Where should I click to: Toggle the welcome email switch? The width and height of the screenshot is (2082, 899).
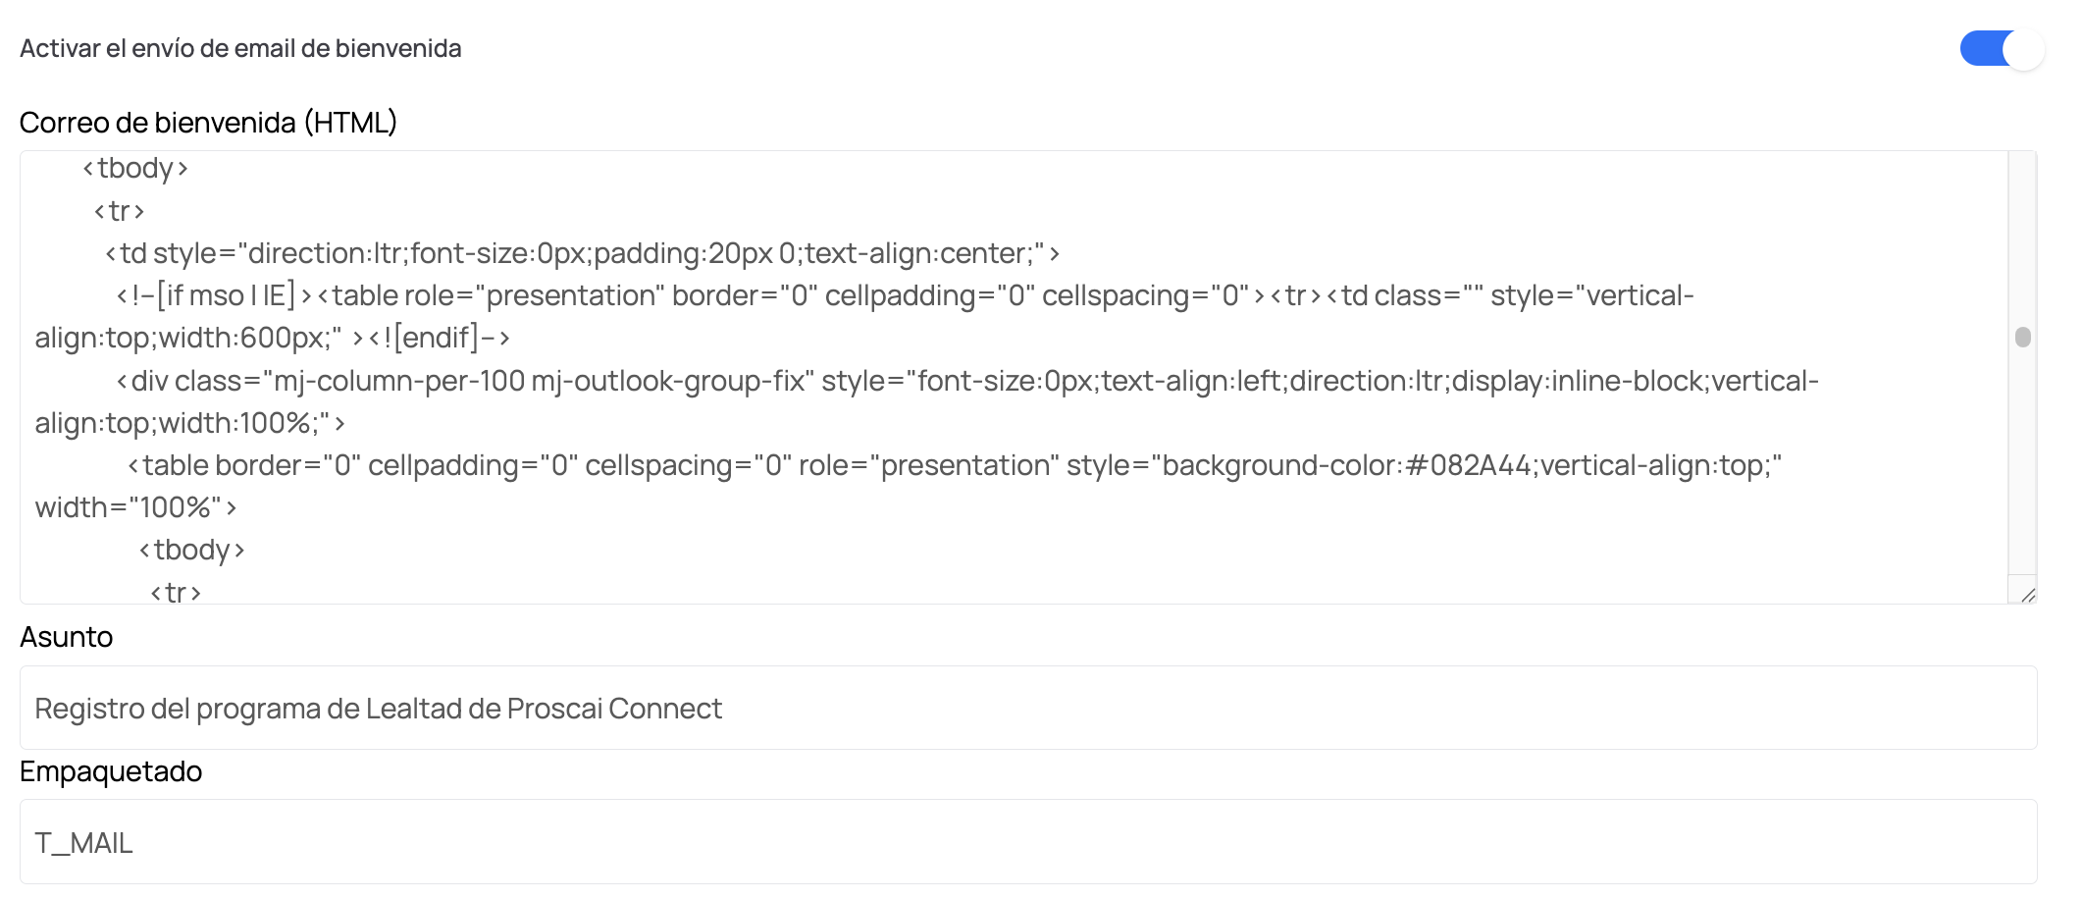[x=2002, y=49]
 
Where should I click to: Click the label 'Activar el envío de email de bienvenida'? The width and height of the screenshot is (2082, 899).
[x=240, y=49]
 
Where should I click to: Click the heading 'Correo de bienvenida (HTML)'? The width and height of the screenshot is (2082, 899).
[x=208, y=123]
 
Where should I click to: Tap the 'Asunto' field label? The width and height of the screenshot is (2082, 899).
[x=67, y=637]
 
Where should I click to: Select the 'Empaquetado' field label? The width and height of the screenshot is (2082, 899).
[x=111, y=771]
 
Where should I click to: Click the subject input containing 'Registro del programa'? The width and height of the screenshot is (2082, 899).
[x=1028, y=708]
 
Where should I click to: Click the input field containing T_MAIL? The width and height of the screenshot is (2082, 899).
[x=1028, y=842]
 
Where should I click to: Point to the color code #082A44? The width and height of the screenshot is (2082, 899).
[x=1468, y=465]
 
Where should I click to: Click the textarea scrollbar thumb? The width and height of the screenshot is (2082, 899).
[x=2022, y=337]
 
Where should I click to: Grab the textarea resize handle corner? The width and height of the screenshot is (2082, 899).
[x=2028, y=595]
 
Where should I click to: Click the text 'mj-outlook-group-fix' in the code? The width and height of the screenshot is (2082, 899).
[x=673, y=381]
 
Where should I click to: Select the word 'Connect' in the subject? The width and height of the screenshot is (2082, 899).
[x=665, y=709]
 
